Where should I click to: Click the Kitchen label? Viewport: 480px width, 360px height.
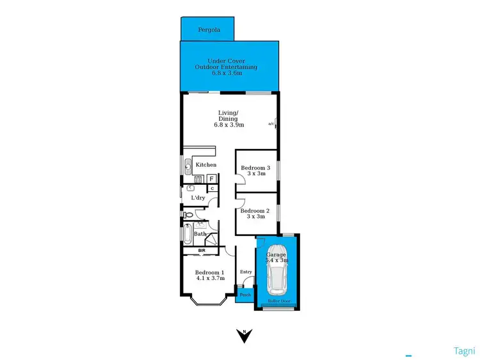206,165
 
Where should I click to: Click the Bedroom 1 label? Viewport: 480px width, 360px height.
210,272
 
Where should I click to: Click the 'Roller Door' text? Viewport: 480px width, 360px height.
276,299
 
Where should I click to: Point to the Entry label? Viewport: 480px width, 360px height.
246,272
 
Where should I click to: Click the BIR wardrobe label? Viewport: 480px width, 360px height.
202,250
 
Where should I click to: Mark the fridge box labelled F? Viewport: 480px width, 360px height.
211,178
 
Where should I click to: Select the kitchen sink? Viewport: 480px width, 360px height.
188,168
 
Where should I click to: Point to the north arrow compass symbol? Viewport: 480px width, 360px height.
243,335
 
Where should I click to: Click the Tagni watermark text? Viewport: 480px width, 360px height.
464,350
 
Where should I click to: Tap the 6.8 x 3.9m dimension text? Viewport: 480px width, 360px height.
228,124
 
